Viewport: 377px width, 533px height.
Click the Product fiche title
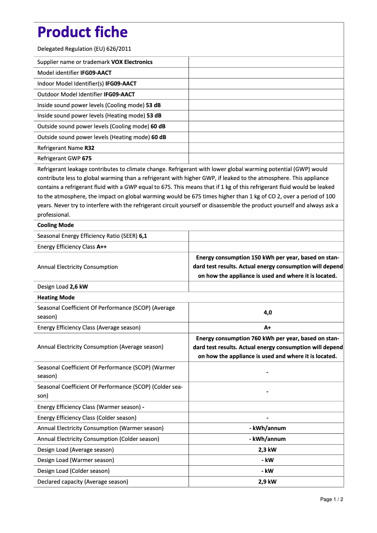pyautogui.click(x=82, y=32)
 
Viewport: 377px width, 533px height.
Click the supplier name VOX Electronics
pyautogui.click(x=132, y=62)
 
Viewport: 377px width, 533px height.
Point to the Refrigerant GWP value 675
pyautogui.click(x=86, y=158)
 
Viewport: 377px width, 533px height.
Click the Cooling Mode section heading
pyautogui.click(x=55, y=225)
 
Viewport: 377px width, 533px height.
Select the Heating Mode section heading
pyautogui.click(x=56, y=298)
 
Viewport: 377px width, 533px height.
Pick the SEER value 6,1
pyautogui.click(x=143, y=236)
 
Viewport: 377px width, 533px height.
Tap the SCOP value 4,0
pyautogui.click(x=267, y=312)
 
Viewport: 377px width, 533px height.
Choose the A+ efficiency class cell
pyautogui.click(x=267, y=328)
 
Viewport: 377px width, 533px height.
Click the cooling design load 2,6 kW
pyautogui.click(x=79, y=287)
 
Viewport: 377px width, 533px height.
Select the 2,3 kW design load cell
pyautogui.click(x=267, y=449)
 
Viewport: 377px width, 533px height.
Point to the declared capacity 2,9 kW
pyautogui.click(x=267, y=482)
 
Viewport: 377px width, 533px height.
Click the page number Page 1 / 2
pyautogui.click(x=331, y=499)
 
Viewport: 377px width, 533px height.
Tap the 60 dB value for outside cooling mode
pyautogui.click(x=158, y=126)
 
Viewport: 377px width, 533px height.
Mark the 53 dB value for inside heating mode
pyautogui.click(x=154, y=116)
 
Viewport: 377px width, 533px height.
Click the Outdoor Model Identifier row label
pyautogui.click(x=70, y=94)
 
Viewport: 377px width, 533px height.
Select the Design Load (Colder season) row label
pyautogui.click(x=73, y=471)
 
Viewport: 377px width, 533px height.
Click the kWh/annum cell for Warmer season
pyautogui.click(x=267, y=428)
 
